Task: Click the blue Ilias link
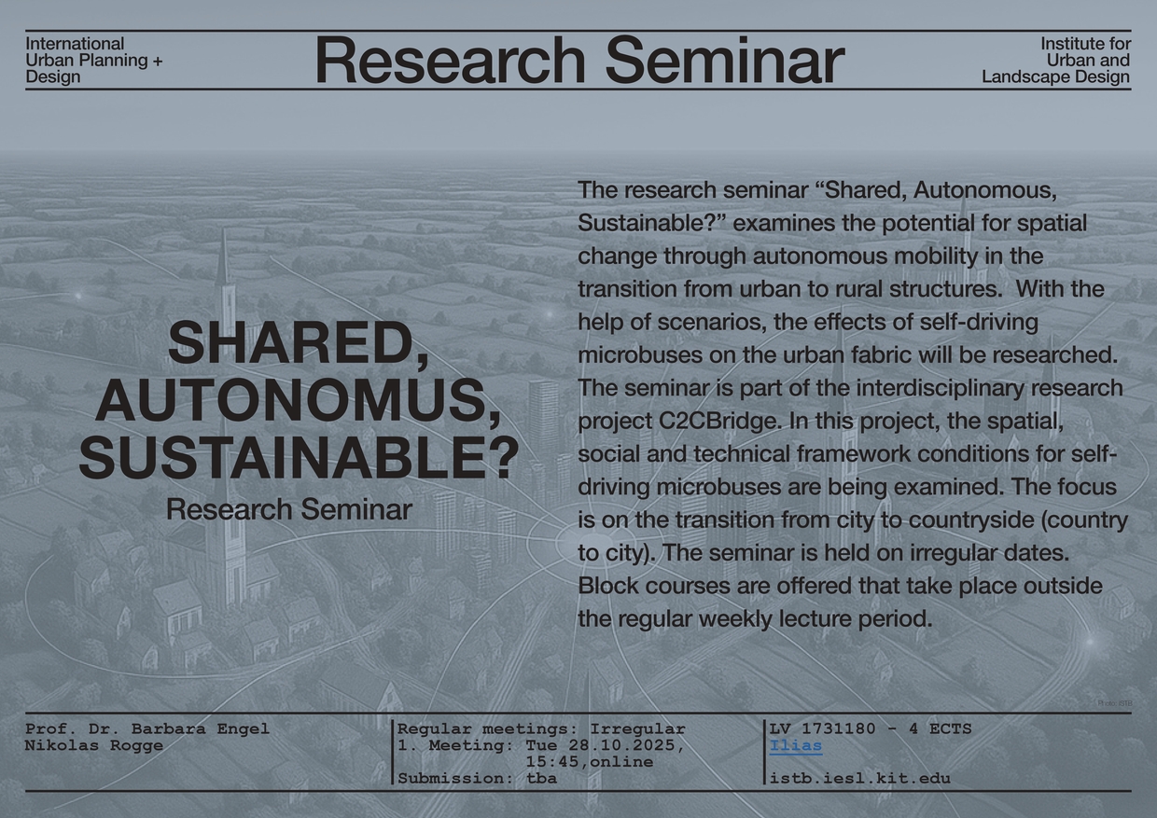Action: [795, 746]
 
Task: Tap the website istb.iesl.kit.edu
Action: [860, 778]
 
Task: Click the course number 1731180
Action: [838, 728]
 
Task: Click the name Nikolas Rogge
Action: [94, 745]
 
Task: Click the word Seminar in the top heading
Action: [725, 60]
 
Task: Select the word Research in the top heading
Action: [450, 60]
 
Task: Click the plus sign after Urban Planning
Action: [158, 61]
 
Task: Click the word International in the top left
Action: [75, 44]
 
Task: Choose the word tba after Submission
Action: [542, 778]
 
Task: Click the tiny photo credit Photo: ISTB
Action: [1115, 703]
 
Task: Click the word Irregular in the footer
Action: [637, 729]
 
